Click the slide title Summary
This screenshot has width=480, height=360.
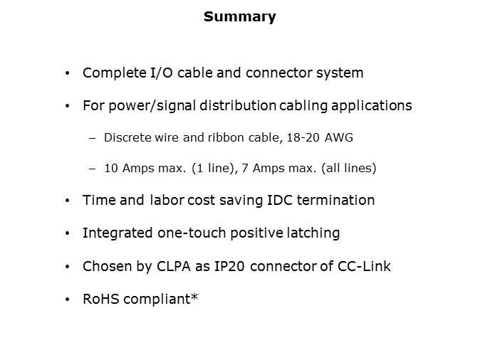(x=240, y=17)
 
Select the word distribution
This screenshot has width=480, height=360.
(x=238, y=105)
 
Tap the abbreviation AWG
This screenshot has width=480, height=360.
(x=338, y=137)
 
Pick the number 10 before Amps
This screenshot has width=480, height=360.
(x=111, y=168)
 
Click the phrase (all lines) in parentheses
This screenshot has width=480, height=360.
(x=349, y=168)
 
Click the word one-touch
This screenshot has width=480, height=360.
(x=192, y=233)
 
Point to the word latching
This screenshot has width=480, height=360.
(x=313, y=233)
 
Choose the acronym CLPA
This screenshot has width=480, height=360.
(x=174, y=266)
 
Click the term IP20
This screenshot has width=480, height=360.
(x=229, y=266)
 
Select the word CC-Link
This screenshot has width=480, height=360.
(x=364, y=266)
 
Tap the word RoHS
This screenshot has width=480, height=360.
(x=100, y=299)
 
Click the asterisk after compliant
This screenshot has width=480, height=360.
(x=194, y=297)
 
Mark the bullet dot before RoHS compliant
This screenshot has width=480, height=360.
(x=68, y=300)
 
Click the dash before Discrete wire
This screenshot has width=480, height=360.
(x=92, y=138)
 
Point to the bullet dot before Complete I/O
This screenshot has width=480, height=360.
(x=68, y=73)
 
